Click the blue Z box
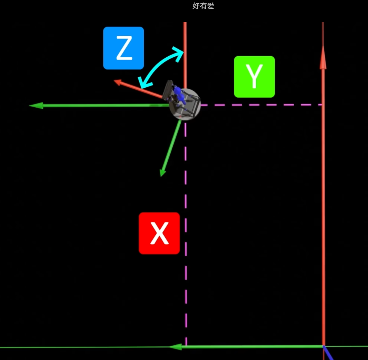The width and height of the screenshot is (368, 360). click(x=123, y=48)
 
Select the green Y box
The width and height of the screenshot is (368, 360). click(x=254, y=77)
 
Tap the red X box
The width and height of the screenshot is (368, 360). click(x=159, y=233)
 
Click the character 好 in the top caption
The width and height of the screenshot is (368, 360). click(x=196, y=6)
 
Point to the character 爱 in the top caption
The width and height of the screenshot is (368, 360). click(x=211, y=6)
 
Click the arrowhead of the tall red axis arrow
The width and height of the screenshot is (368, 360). click(x=323, y=58)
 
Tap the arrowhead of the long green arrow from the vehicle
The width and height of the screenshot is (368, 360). click(x=36, y=106)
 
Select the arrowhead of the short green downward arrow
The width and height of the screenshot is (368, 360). click(x=163, y=173)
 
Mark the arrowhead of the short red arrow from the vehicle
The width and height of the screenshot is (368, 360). click(x=118, y=82)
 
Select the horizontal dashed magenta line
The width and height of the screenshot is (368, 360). click(x=261, y=105)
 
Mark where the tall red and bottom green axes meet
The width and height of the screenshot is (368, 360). click(x=323, y=346)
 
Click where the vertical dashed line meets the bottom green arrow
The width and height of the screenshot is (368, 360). click(x=186, y=346)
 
